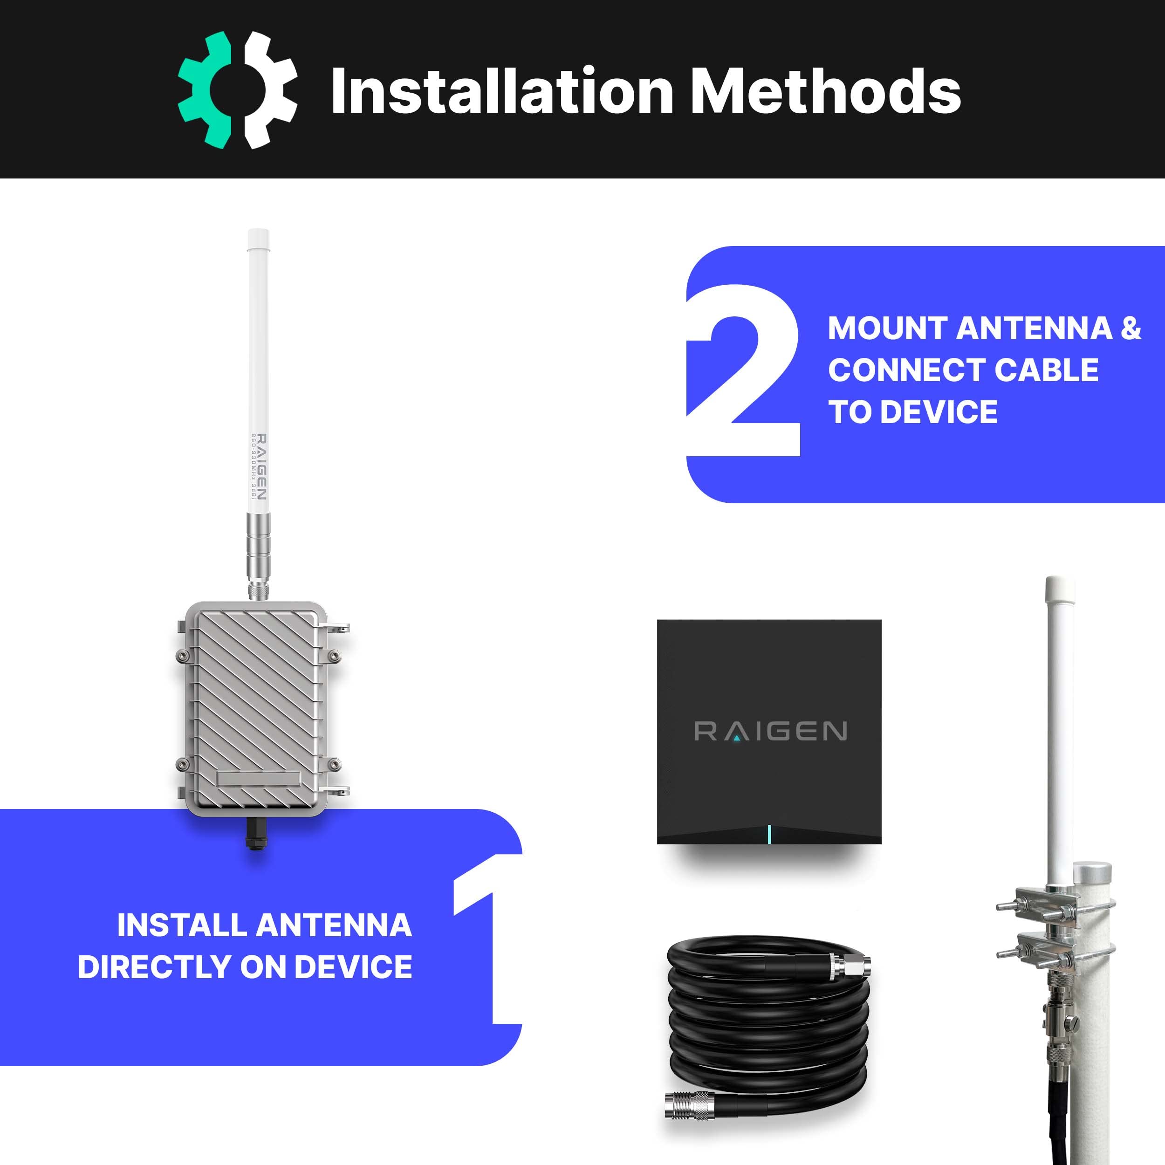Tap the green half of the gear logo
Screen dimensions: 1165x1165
(x=206, y=90)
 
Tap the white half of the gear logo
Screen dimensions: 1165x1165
(x=270, y=90)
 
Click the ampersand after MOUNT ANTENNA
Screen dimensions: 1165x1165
(x=1131, y=329)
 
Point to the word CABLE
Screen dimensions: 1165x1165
(x=1046, y=370)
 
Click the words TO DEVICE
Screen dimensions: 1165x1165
(x=913, y=412)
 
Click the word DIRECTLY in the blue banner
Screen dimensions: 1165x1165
(x=154, y=967)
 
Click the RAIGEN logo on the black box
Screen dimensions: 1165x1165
(x=770, y=732)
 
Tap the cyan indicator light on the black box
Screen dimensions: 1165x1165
(x=769, y=834)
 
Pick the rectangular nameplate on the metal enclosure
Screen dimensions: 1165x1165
(x=259, y=779)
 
